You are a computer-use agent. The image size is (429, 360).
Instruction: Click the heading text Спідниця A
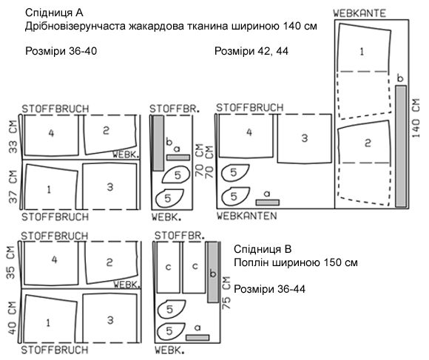54,13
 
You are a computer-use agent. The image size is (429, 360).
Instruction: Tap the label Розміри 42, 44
251,51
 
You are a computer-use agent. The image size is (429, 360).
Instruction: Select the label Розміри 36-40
61,51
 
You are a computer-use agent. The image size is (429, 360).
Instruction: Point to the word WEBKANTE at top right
359,13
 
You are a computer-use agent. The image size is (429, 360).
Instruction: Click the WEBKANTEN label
247,216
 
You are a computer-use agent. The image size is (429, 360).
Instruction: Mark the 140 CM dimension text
415,118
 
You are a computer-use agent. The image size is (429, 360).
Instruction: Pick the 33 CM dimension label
13,137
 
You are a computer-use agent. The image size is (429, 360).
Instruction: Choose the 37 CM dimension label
13,187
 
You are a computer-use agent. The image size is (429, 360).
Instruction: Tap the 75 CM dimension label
226,293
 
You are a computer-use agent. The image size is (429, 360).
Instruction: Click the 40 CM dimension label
12,318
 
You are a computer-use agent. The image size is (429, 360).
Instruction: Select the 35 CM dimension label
10,262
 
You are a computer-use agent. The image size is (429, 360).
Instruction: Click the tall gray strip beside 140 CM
401,146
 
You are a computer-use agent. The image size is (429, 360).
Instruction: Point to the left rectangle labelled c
168,267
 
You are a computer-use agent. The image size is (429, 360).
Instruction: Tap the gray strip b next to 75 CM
213,272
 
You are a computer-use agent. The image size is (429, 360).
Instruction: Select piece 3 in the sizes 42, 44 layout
305,139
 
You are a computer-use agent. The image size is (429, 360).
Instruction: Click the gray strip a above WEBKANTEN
267,203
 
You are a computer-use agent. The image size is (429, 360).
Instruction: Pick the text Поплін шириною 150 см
296,262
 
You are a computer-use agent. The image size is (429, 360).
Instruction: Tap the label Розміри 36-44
269,289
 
